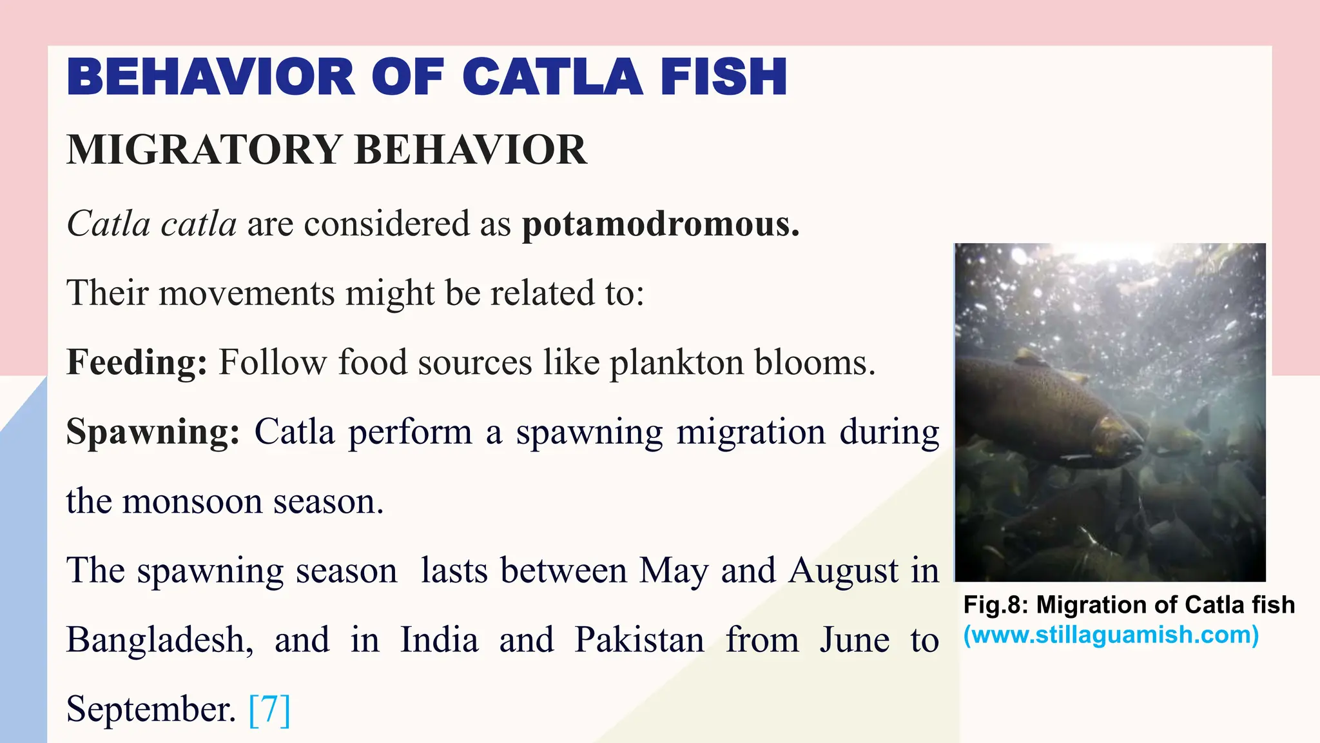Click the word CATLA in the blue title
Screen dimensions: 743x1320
tap(552, 77)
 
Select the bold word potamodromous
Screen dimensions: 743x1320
tap(660, 224)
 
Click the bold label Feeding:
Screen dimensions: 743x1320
tap(137, 362)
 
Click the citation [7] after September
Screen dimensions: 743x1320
tap(269, 709)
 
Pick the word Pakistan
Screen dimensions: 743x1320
tap(639, 640)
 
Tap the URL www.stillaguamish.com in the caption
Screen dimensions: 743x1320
tap(1111, 635)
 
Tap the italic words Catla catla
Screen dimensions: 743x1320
tap(151, 224)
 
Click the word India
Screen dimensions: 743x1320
tap(439, 640)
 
